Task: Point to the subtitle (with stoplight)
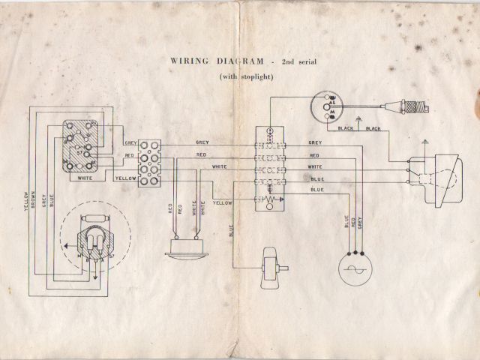[247, 76]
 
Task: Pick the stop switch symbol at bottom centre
[269, 268]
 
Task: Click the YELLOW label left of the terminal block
[125, 179]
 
